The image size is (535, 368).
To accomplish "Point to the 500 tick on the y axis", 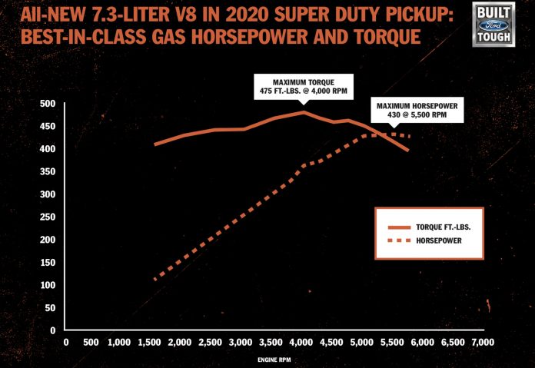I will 47,104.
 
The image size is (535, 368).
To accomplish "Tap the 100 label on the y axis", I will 47,285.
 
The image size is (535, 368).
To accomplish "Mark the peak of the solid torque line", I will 304,112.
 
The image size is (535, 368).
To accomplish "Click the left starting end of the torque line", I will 155,144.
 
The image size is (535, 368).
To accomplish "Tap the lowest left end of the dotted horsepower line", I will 155,279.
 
